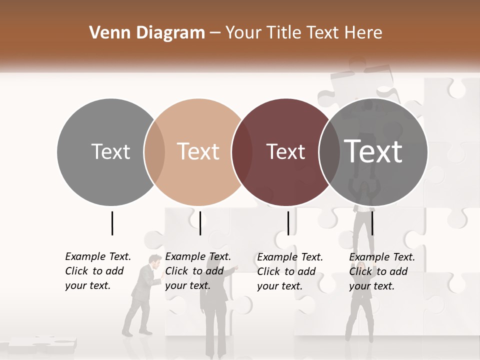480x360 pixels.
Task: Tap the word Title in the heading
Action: pyautogui.click(x=283, y=33)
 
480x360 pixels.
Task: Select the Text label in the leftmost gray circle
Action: pyautogui.click(x=110, y=151)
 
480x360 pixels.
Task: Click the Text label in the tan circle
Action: pyautogui.click(x=198, y=151)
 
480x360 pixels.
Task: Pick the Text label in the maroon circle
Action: pyautogui.click(x=285, y=151)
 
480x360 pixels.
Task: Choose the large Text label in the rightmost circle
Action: pyautogui.click(x=373, y=151)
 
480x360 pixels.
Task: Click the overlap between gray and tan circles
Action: pyautogui.click(x=154, y=151)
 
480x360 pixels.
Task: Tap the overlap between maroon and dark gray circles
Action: pyautogui.click(x=329, y=151)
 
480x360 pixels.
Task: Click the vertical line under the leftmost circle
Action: pyautogui.click(x=112, y=223)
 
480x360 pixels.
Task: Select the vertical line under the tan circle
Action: pyautogui.click(x=200, y=223)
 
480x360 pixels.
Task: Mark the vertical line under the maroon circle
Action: pyautogui.click(x=288, y=223)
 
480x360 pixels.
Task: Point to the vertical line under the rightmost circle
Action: pyautogui.click(x=372, y=223)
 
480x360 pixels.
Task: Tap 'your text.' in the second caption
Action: pyautogui.click(x=187, y=285)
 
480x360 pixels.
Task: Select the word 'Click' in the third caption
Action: pyautogui.click(x=268, y=271)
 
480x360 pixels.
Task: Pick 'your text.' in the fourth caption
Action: pyautogui.click(x=371, y=286)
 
